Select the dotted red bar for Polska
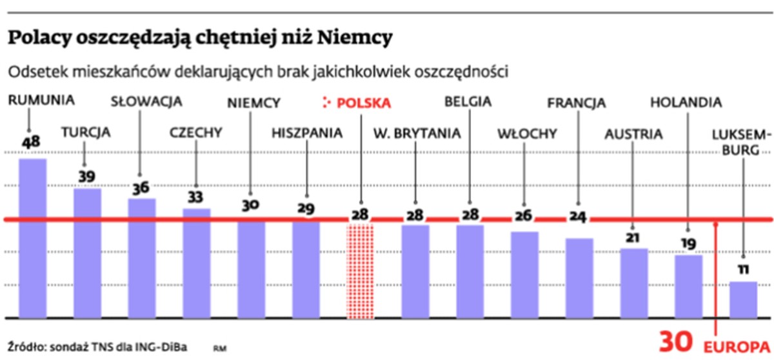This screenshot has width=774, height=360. pos(361,271)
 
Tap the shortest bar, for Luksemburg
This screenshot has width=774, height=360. pos(743,300)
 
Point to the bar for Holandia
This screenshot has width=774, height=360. pos(688,286)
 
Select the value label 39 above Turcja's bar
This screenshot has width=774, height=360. pos(86,175)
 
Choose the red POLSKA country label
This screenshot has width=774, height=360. pos(364,102)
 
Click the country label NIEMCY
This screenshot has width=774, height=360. pos(254,102)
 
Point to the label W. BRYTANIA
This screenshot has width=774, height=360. pos(417,134)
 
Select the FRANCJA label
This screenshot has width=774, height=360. pos(576,102)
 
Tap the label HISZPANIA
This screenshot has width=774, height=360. pos(306,134)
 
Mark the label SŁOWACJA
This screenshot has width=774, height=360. pos(146,101)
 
